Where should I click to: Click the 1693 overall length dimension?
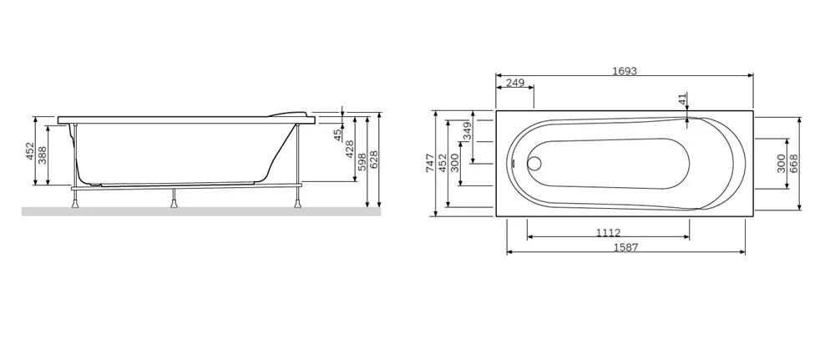pos(624,71)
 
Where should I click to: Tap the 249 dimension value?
pos(515,83)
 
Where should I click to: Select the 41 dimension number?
pos(683,99)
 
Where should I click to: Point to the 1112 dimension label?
pos(608,233)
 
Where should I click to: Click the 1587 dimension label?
pos(625,247)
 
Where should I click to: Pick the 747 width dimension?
pos(430,162)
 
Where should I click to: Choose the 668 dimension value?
pos(793,164)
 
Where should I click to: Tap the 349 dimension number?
pos(467,130)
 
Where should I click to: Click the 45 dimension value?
pos(337,134)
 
